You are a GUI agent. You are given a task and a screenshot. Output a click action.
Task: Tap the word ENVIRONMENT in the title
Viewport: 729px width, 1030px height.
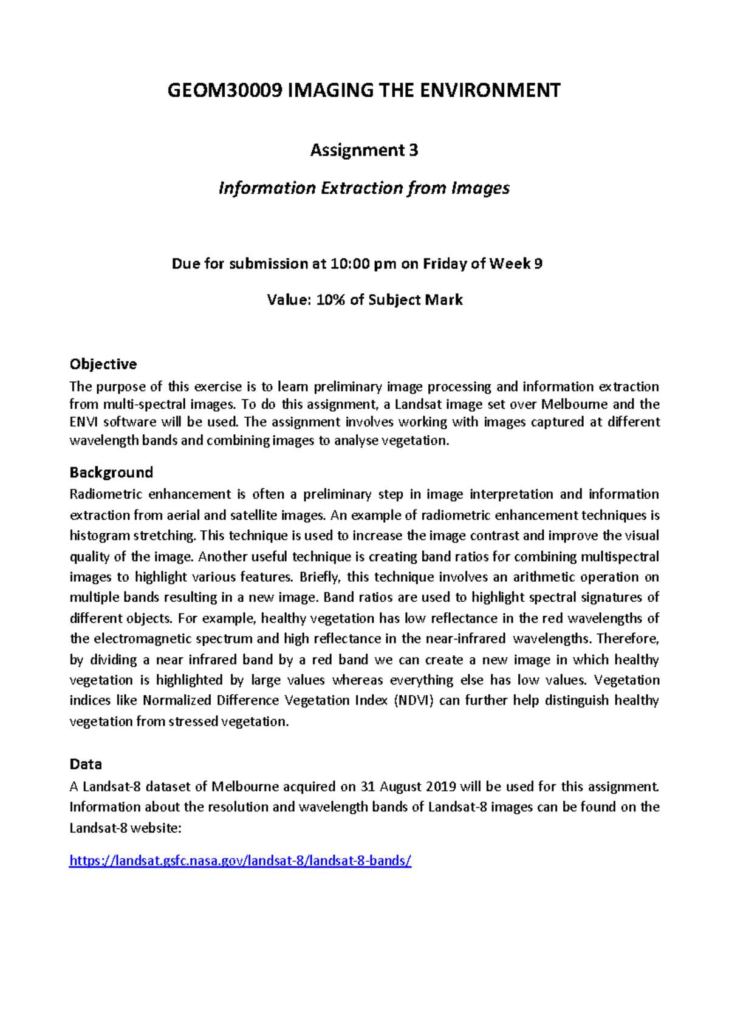(x=500, y=90)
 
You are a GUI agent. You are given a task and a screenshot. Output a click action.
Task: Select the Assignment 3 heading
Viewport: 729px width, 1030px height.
(x=364, y=150)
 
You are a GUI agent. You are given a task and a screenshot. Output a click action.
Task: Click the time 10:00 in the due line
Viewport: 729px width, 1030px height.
(x=351, y=264)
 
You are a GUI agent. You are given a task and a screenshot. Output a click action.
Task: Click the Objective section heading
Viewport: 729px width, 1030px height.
(x=103, y=364)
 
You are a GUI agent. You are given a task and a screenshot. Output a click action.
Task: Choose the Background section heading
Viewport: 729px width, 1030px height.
(x=111, y=472)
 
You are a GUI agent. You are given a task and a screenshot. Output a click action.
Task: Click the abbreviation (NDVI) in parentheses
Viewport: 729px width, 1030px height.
(x=414, y=701)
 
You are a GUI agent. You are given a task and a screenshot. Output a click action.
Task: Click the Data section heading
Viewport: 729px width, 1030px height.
(x=86, y=764)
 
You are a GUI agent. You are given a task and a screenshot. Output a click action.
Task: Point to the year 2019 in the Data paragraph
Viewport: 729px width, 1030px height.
(x=440, y=787)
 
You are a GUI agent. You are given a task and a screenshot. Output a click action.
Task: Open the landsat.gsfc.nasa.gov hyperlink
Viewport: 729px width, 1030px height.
(x=240, y=861)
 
